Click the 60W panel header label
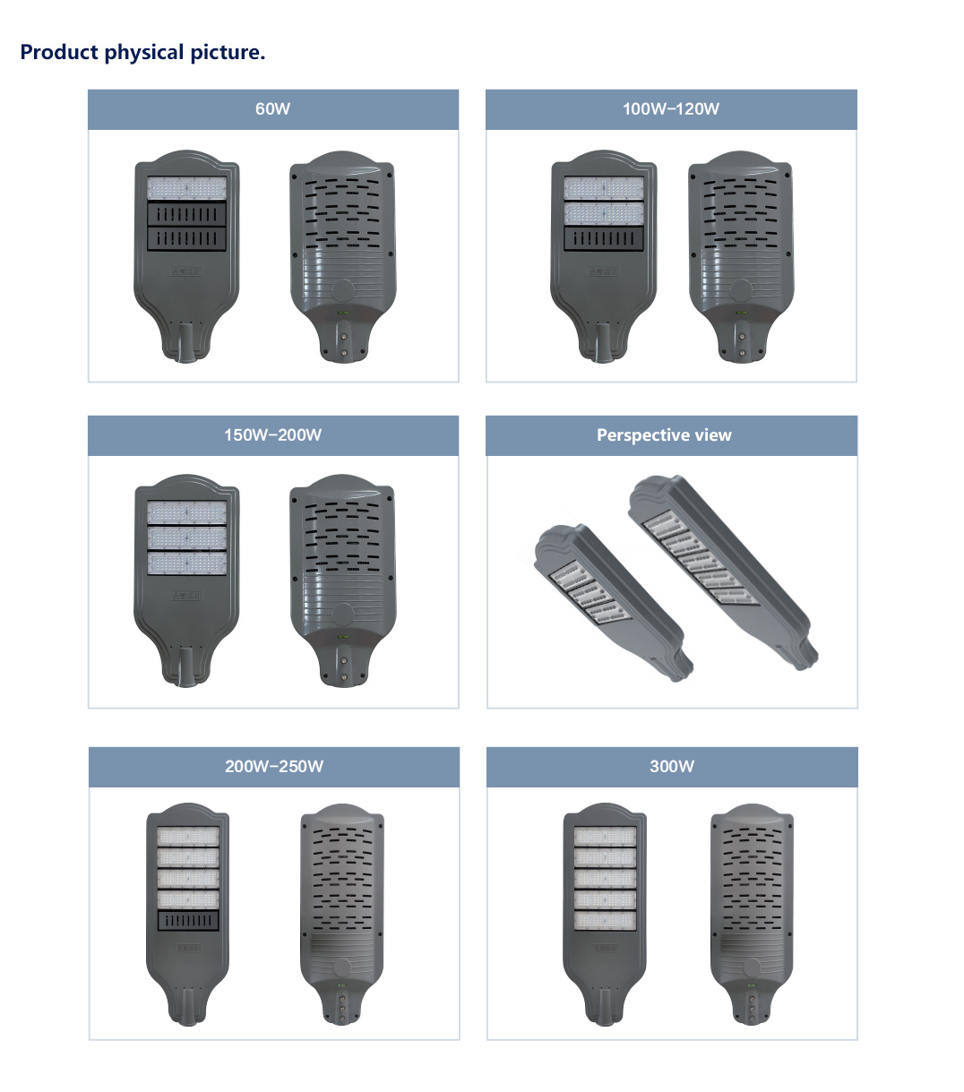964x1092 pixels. coord(272,109)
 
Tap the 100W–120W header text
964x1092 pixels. coord(671,109)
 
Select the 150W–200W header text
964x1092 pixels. coord(272,435)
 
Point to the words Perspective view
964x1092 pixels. coord(664,435)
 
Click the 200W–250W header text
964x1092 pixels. coord(274,767)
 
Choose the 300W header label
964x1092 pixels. coord(672,767)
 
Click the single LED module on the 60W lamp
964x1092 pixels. coord(186,189)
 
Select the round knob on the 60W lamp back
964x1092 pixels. coord(342,290)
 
